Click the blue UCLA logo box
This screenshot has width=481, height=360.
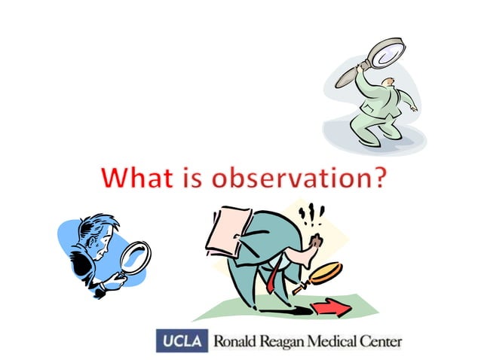181,340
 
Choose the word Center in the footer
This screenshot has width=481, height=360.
380,341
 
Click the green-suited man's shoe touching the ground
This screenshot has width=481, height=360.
368,141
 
